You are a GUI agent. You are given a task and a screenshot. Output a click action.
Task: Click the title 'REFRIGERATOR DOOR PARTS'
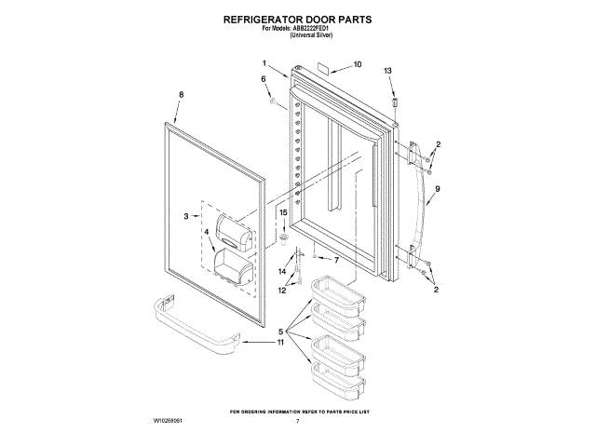tap(297, 18)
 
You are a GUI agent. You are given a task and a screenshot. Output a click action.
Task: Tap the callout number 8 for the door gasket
tap(182, 94)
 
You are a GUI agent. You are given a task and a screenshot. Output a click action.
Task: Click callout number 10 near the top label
tap(358, 65)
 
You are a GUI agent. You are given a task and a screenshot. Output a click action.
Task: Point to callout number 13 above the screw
tap(388, 71)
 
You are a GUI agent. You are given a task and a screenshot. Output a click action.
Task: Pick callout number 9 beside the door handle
tap(437, 189)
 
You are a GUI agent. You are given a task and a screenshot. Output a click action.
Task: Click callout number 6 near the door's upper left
tap(264, 79)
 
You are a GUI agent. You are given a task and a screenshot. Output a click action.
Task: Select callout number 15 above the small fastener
tap(285, 213)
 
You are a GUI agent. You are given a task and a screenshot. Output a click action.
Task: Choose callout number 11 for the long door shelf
tap(279, 343)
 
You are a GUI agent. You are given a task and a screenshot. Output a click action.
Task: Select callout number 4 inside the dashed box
tap(207, 231)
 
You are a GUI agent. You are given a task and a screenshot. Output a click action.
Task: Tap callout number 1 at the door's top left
tap(264, 63)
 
